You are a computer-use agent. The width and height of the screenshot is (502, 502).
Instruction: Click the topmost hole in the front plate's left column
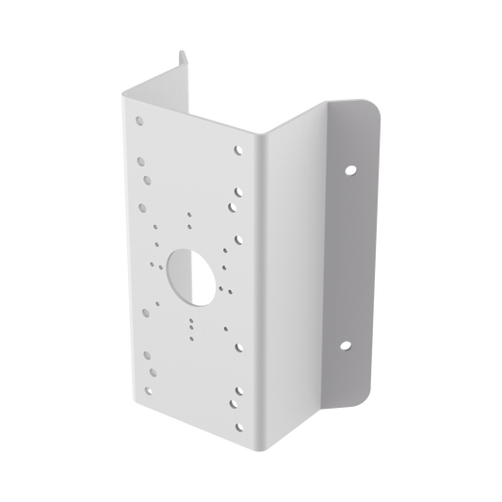139,121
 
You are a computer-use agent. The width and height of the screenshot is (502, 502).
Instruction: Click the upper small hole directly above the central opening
188,214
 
